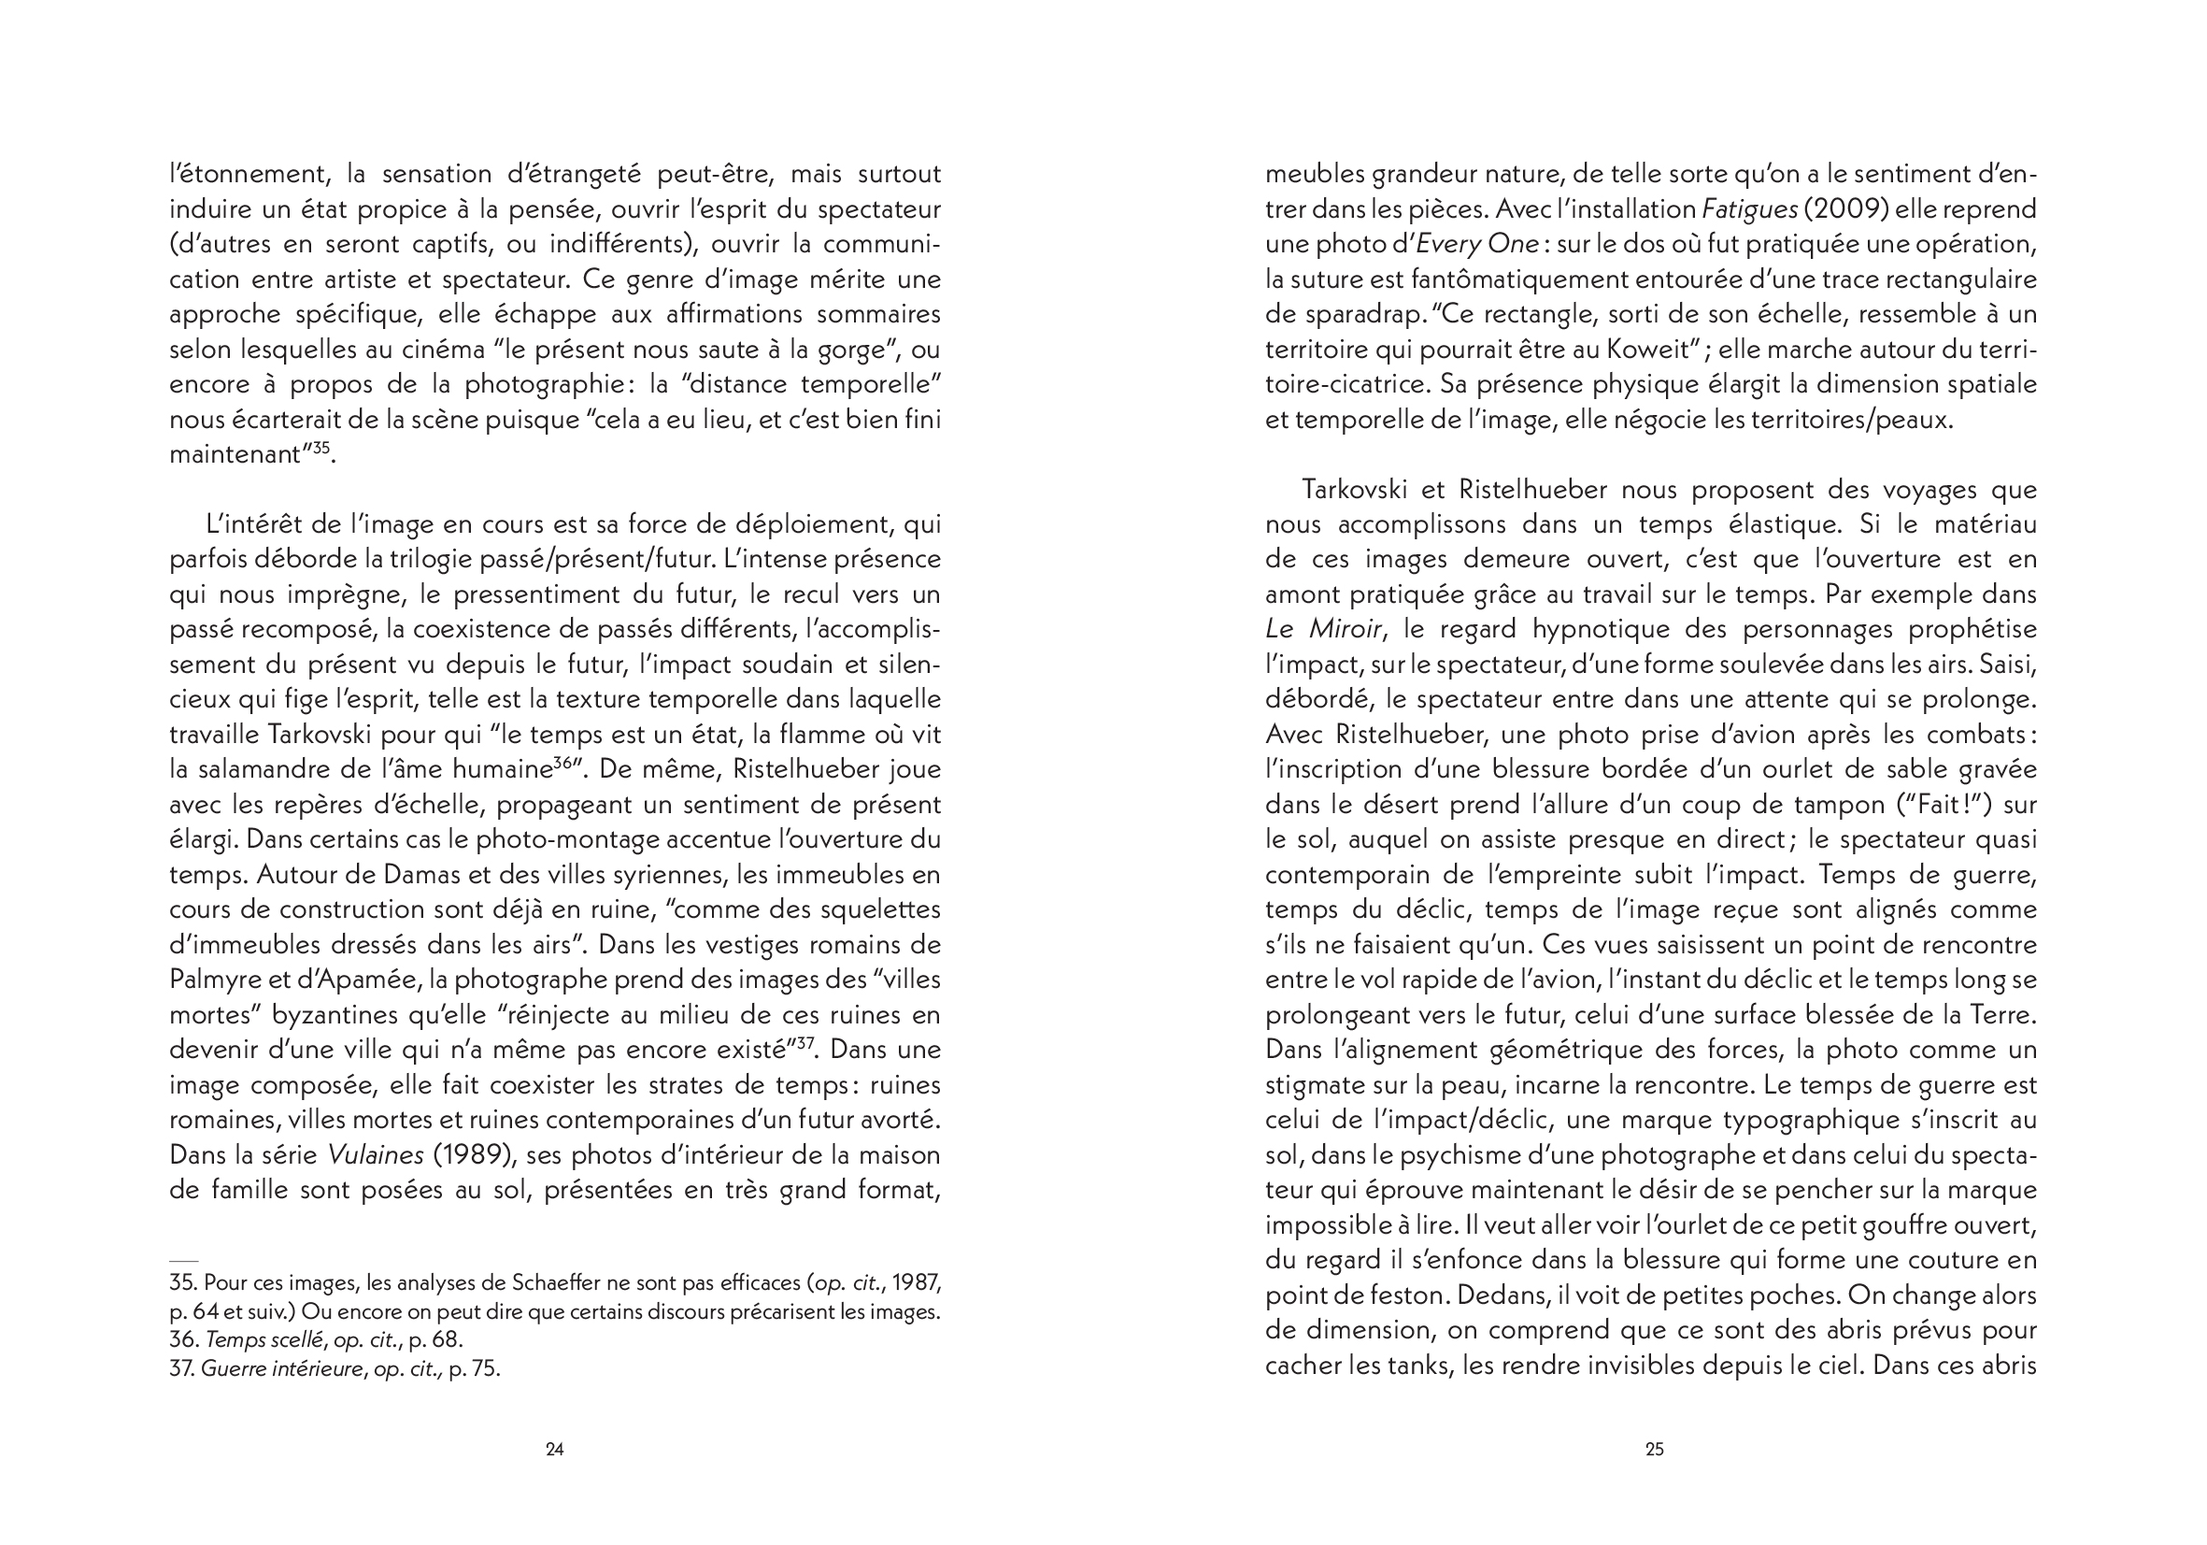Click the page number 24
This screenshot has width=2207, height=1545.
pyautogui.click(x=555, y=1449)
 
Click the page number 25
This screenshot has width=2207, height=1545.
pyautogui.click(x=1653, y=1449)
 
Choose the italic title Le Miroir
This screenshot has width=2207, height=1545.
pyautogui.click(x=1324, y=630)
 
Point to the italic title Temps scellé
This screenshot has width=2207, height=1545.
pyautogui.click(x=264, y=1339)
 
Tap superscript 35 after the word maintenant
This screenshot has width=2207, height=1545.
pyautogui.click(x=321, y=447)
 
